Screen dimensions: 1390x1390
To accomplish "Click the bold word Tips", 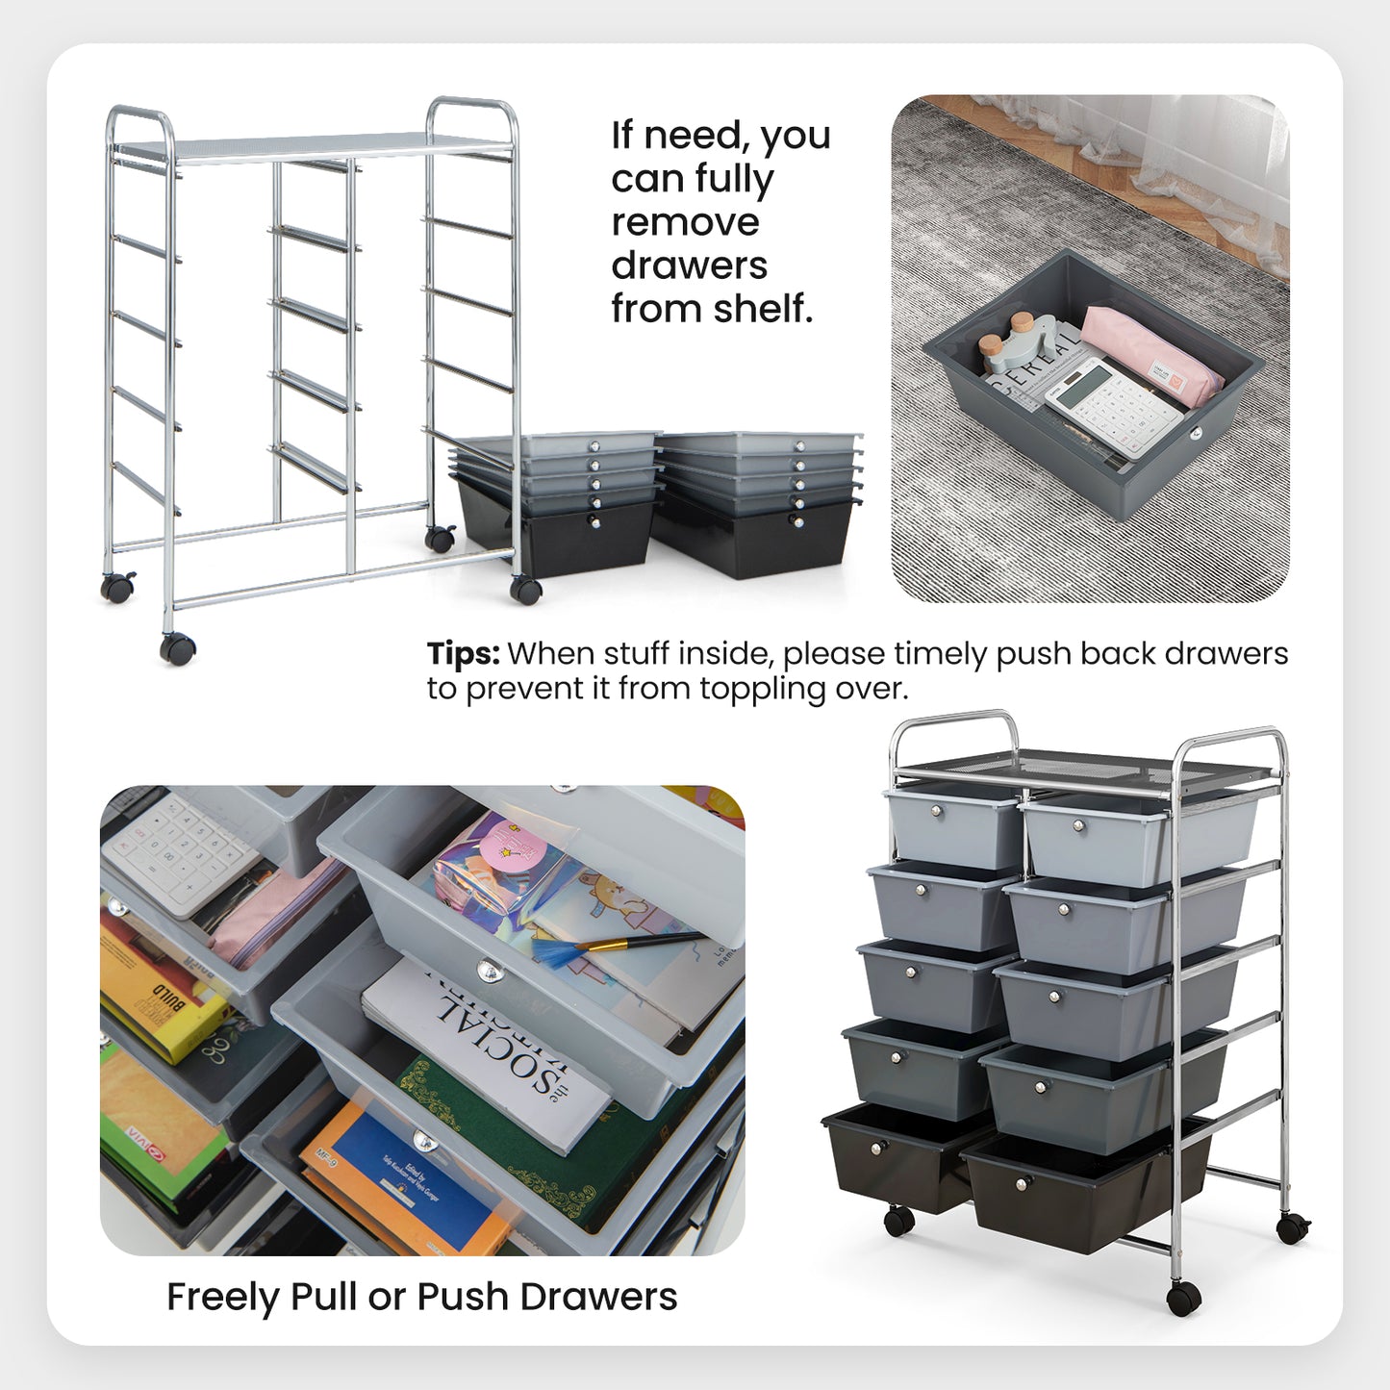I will (x=463, y=654).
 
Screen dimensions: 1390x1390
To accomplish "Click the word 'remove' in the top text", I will (x=685, y=222).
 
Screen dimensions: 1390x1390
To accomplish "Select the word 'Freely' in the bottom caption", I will (x=222, y=1298).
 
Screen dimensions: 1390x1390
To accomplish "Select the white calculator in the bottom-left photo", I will (x=179, y=851).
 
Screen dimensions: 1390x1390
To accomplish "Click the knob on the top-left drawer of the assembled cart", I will (x=937, y=813).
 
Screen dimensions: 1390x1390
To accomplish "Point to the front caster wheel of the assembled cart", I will (x=1183, y=1300).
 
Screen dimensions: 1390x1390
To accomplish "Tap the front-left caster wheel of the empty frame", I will (x=177, y=649).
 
